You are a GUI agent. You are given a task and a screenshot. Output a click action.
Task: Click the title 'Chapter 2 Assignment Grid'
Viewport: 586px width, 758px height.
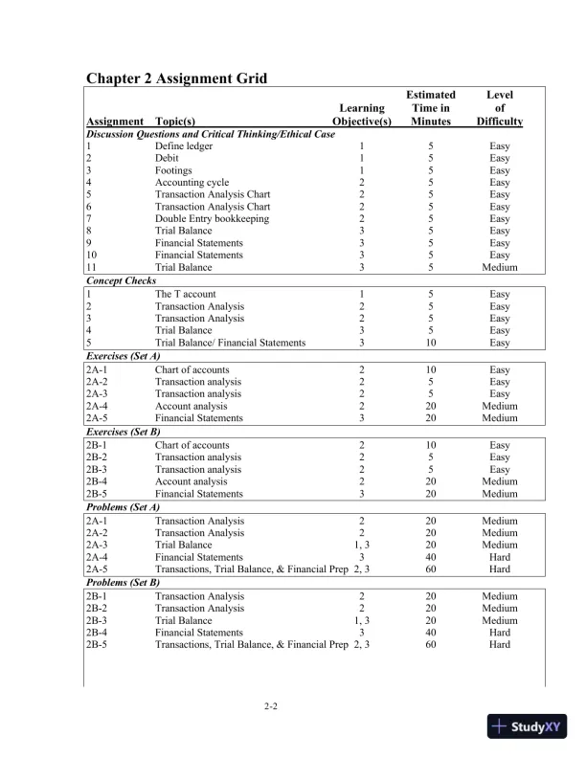click(176, 78)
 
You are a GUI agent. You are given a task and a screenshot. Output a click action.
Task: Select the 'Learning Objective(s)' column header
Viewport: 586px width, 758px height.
click(361, 115)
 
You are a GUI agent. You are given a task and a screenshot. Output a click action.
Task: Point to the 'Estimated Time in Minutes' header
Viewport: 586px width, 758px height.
click(430, 108)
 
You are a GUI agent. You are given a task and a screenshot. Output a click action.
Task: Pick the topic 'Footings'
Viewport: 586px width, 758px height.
click(173, 170)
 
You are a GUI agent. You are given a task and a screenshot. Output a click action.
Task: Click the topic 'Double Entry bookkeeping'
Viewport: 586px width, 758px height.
click(212, 219)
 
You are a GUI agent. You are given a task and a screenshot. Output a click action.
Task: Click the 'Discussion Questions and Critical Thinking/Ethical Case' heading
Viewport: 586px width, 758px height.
click(211, 134)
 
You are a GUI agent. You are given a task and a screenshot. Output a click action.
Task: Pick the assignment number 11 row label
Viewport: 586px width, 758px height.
click(91, 268)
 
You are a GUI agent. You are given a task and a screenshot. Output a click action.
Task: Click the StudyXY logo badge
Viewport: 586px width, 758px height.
click(528, 726)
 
